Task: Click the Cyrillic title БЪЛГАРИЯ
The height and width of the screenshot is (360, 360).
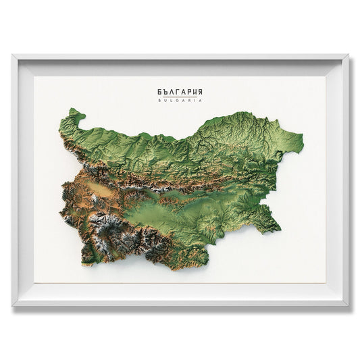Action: coord(180,92)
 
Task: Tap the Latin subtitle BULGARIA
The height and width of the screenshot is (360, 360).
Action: coord(180,101)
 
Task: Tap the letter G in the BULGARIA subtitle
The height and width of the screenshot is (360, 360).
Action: coord(180,101)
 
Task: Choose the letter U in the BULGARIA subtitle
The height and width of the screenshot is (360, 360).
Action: coord(165,101)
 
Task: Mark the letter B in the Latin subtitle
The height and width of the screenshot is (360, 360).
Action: coord(159,101)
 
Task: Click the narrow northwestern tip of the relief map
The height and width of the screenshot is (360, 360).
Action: coord(74,110)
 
